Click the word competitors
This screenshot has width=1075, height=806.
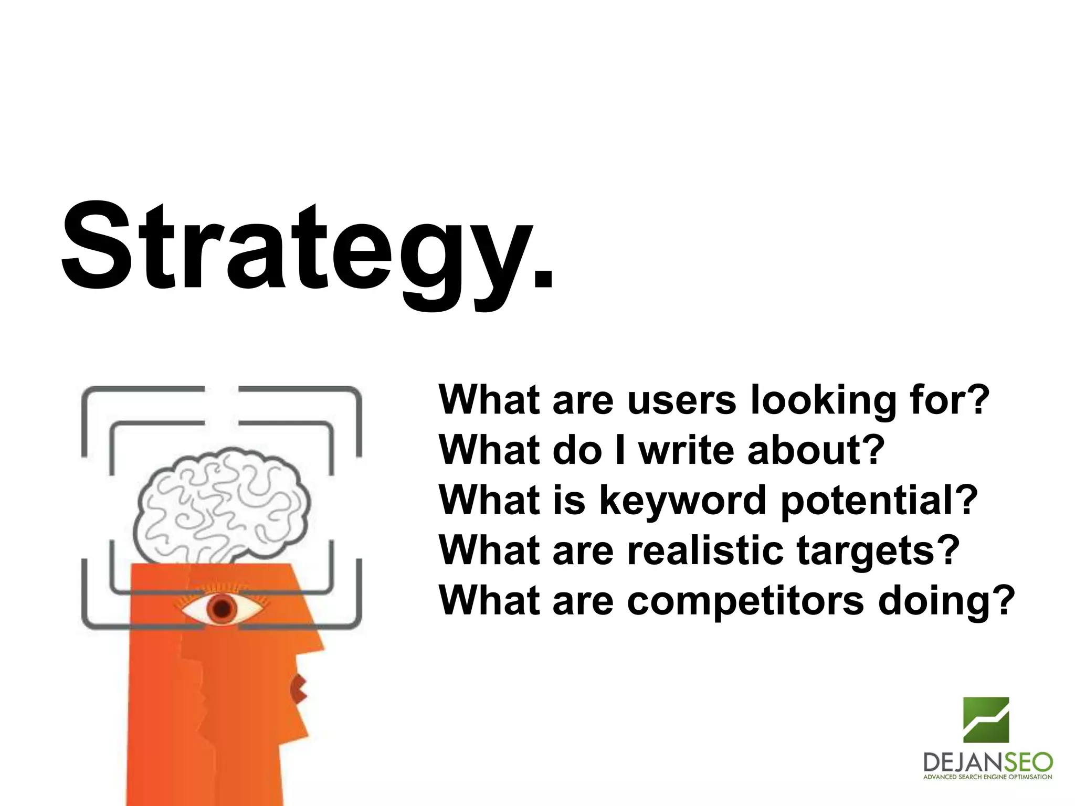[x=745, y=600]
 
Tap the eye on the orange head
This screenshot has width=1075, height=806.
[x=223, y=608]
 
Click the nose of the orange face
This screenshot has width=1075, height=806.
[x=315, y=643]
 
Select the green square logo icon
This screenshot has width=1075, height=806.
[x=986, y=719]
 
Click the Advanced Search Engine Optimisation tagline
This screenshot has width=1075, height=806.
[x=987, y=777]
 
